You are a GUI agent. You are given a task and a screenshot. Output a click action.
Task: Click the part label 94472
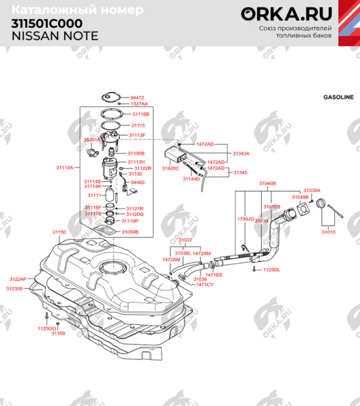click(137, 97)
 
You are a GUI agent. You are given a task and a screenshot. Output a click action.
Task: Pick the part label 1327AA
click(139, 104)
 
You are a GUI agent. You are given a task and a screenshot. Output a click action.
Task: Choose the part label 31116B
click(139, 114)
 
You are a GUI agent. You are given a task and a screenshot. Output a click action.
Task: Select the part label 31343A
click(242, 153)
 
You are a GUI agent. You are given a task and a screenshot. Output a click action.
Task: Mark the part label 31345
click(240, 173)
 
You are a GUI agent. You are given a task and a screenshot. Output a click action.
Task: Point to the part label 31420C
click(170, 168)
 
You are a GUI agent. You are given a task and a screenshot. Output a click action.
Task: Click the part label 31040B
click(267, 183)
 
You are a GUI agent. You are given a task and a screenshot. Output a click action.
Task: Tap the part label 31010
click(328, 232)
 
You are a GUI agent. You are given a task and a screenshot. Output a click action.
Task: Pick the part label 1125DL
click(271, 269)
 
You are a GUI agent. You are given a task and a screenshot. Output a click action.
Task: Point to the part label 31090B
click(130, 231)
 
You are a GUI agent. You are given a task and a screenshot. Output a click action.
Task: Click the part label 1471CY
click(205, 284)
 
